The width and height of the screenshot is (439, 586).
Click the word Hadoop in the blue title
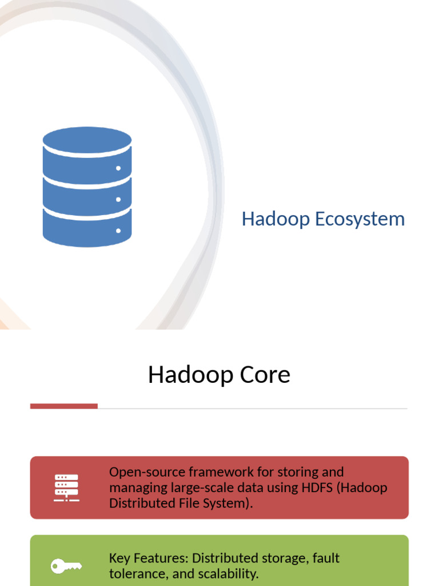(276, 219)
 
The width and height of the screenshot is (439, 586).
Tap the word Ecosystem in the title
(360, 219)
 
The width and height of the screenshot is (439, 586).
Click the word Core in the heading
(265, 374)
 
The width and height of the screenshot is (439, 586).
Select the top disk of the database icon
(87, 141)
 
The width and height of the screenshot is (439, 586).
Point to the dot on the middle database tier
(118, 200)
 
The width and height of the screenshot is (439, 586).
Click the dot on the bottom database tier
(118, 231)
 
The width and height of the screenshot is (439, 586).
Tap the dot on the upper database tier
(118, 168)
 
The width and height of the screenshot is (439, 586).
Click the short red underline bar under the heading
(64, 406)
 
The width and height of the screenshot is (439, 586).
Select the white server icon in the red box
(66, 488)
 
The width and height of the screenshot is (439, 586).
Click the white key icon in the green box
(66, 566)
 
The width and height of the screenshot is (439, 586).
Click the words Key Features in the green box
(149, 559)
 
